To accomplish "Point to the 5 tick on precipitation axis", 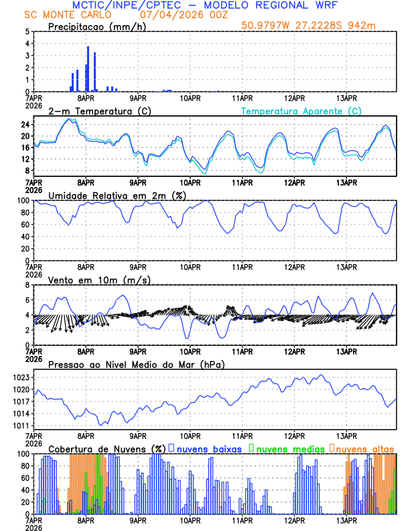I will point(26,32).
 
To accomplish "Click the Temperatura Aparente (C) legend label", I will point(301,111).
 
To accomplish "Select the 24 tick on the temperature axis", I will point(23,125).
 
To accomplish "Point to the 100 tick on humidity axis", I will point(22,200).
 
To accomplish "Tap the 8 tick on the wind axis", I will point(26,285).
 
